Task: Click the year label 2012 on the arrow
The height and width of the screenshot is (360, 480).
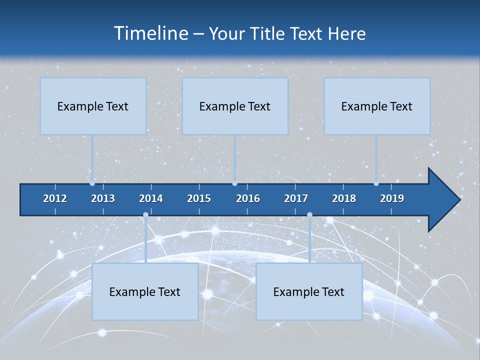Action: [x=55, y=198]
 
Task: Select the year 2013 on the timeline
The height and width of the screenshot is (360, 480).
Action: [x=103, y=198]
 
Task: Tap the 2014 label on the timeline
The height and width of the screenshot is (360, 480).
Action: [x=151, y=198]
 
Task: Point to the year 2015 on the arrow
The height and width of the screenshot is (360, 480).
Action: [x=199, y=198]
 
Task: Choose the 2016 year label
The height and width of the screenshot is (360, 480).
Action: [x=248, y=198]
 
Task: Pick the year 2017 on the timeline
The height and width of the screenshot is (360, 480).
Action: [x=296, y=198]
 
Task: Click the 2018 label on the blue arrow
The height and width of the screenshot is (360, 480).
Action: [x=344, y=198]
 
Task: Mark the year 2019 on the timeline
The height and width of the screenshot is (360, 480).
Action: [x=392, y=198]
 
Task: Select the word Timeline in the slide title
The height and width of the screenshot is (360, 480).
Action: [x=150, y=33]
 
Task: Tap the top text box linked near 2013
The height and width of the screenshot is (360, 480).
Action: [x=93, y=106]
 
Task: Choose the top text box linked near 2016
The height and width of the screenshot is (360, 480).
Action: [x=235, y=106]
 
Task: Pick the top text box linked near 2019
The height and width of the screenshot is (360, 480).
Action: [x=377, y=106]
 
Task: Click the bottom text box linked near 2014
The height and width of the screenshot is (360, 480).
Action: [x=145, y=291]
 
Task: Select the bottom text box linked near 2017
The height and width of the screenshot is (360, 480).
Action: [x=309, y=291]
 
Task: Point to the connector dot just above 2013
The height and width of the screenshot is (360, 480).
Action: [x=92, y=183]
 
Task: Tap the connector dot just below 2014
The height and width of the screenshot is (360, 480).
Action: [x=145, y=215]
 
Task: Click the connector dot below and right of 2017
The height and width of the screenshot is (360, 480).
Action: [x=309, y=215]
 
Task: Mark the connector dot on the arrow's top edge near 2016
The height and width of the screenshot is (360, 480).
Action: [x=234, y=183]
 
